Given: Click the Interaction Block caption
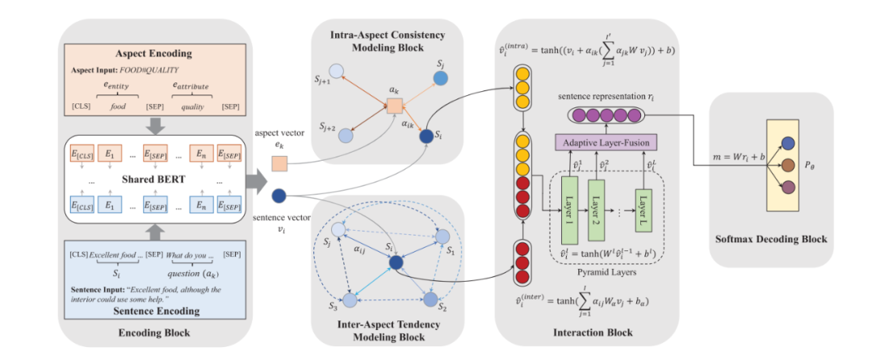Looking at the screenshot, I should [x=593, y=331].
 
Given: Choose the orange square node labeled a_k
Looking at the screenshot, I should [x=393, y=105].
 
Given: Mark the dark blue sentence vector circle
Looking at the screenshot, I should [x=279, y=195].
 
